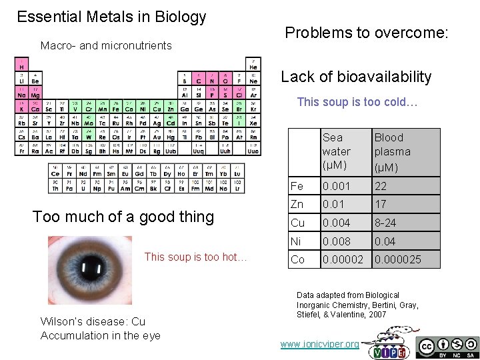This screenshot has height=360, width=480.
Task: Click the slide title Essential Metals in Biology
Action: pos(111,17)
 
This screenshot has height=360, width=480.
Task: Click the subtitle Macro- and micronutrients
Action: pos(106,46)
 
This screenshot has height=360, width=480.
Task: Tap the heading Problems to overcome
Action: pos(367,33)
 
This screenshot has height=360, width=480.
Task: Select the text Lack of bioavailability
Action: pos(356,77)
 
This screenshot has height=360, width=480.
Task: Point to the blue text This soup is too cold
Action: pos(357,102)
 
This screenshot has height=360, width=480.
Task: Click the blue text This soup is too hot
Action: pos(195,257)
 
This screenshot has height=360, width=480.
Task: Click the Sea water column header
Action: pos(336,152)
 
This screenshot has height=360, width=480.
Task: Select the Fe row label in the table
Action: pos(297,187)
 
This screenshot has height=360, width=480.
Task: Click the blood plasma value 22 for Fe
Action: pos(381,187)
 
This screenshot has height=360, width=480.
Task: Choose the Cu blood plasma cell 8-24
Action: pos(386,223)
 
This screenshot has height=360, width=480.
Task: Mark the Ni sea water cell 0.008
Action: pos(336,241)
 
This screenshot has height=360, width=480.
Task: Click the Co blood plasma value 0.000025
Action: pos(397,259)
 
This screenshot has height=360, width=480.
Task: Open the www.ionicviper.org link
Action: pos(319,344)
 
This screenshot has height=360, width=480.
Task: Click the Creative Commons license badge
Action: pos(447,347)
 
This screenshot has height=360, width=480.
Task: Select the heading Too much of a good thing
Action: pos(123,217)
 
